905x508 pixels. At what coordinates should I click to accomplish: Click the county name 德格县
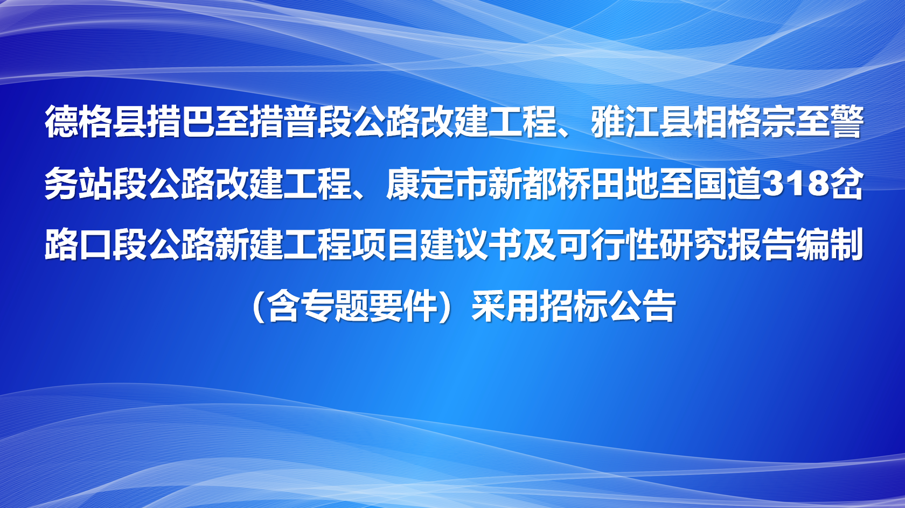point(95,122)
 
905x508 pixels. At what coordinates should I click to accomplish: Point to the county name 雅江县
point(642,122)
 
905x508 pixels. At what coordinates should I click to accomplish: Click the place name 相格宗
point(744,122)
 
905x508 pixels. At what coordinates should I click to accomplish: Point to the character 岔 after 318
point(846,184)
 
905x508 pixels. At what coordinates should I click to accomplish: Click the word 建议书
point(471,245)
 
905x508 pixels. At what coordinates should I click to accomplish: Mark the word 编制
point(829,245)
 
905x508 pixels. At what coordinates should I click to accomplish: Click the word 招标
point(573,307)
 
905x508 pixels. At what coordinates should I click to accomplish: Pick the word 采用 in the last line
point(505,307)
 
